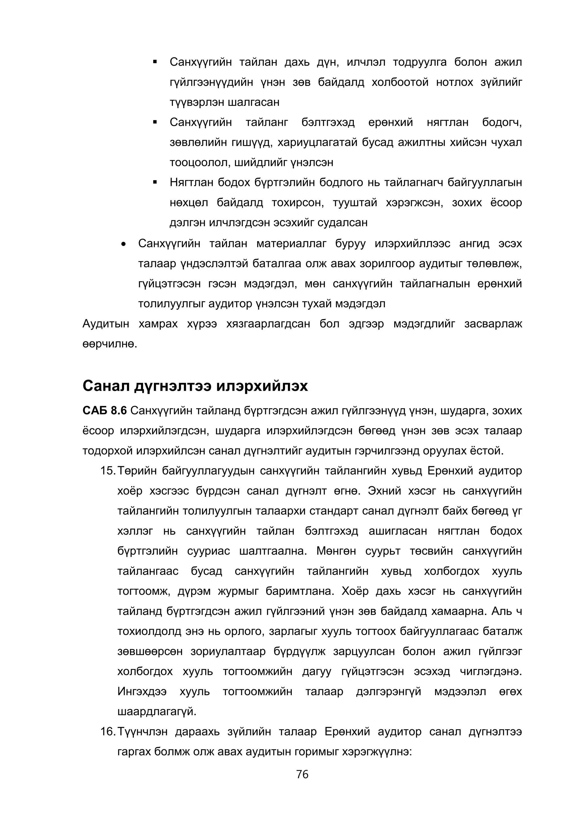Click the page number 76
[x=302, y=774]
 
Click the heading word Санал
[x=106, y=386]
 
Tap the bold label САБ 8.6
[x=105, y=411]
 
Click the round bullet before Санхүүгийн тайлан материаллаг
[x=123, y=244]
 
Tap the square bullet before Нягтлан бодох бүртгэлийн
[x=155, y=183]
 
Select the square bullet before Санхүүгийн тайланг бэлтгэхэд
[x=155, y=123]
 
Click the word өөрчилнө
[x=110, y=344]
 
